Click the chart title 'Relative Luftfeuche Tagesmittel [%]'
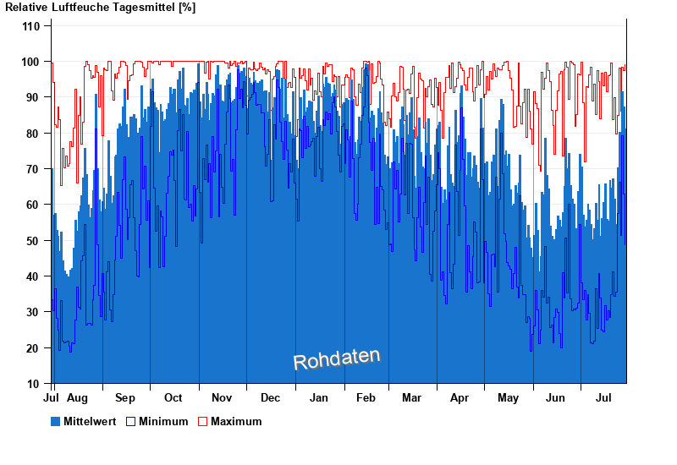coord(100,8)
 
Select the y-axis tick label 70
coord(34,169)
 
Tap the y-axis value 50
coord(34,241)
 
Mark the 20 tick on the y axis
coord(34,348)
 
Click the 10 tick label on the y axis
coord(34,384)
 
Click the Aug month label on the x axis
coord(77,397)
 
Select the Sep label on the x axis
coord(125,397)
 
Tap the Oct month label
coord(173,397)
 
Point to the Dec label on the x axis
coord(271,397)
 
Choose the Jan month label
coord(319,397)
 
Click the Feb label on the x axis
coord(366,397)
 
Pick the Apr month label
coord(460,397)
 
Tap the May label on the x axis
coord(508,397)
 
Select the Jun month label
coord(556,397)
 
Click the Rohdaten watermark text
coord(337,359)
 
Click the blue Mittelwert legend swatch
coord(56,421)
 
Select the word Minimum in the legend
coord(163,421)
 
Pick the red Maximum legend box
coord(202,421)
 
